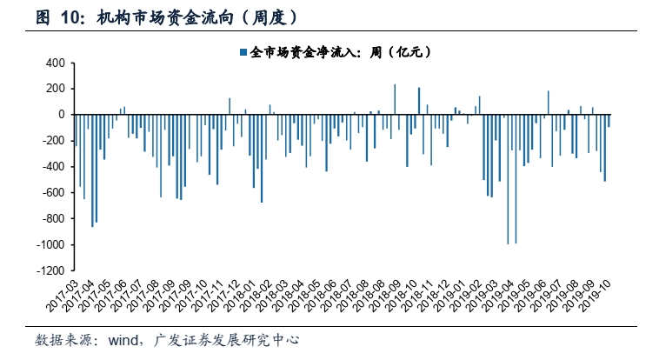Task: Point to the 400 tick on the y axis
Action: coord(55,63)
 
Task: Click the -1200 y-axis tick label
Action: coord(49,271)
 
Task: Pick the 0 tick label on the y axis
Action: coord(62,115)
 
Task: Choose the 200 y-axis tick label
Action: coord(55,89)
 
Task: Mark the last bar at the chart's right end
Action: coord(609,121)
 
